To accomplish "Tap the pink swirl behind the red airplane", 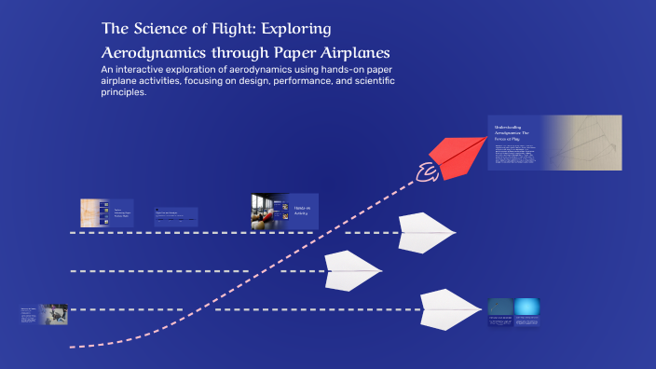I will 428,171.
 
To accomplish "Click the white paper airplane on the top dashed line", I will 424,232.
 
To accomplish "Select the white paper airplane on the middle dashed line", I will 350,270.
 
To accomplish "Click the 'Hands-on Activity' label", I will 301,211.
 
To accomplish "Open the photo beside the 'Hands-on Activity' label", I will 266,212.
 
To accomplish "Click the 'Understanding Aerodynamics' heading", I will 512,131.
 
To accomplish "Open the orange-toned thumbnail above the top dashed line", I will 91,212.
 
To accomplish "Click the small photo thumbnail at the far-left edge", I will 52,314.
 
